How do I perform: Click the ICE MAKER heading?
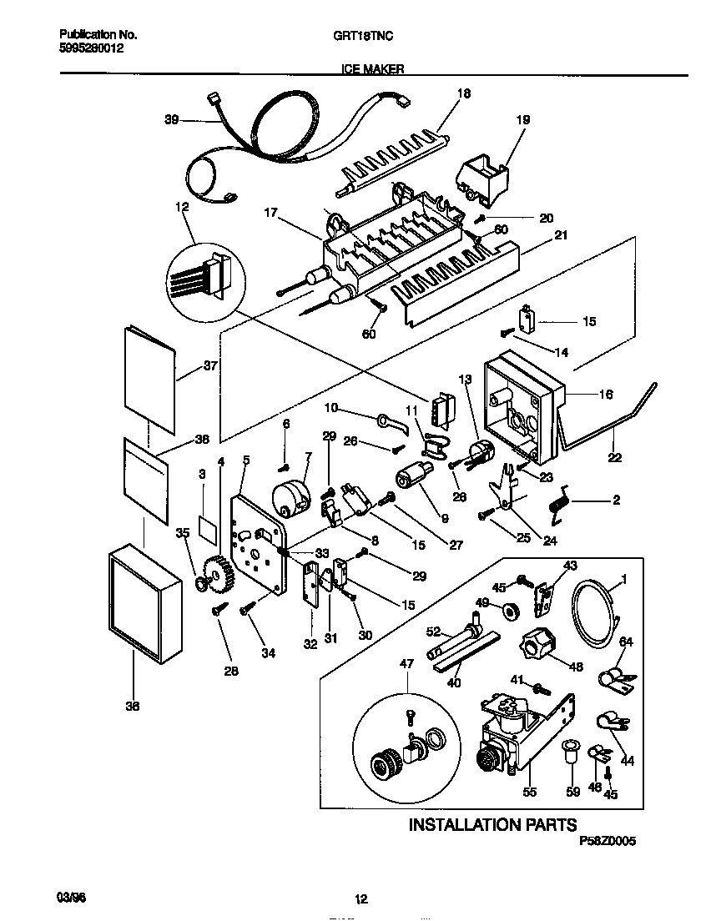click(374, 70)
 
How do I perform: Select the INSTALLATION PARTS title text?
click(492, 825)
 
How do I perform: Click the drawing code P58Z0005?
click(607, 843)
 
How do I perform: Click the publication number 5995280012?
click(89, 48)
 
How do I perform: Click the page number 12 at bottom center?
click(360, 899)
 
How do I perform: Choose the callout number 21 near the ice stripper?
click(561, 235)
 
